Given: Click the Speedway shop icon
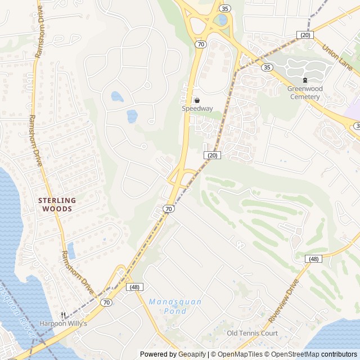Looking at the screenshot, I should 197,100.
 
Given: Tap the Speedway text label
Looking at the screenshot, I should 197,109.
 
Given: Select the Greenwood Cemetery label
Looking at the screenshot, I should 304,93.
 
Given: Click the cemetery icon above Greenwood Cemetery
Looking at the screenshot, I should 305,80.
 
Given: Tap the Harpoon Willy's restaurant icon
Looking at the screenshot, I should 64,315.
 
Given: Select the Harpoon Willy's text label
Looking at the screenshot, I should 63,323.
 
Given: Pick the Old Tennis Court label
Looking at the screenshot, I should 252,333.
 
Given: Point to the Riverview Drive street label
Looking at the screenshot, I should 283,301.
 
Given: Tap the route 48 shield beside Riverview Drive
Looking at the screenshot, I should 313,259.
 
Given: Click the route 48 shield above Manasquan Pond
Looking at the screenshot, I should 134,287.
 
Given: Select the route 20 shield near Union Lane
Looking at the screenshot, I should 305,35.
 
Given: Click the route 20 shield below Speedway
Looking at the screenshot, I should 211,155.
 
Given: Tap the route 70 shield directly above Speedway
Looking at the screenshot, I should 200,43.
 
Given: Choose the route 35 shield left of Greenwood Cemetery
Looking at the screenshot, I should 267,67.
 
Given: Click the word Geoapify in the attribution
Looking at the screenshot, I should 192,354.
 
